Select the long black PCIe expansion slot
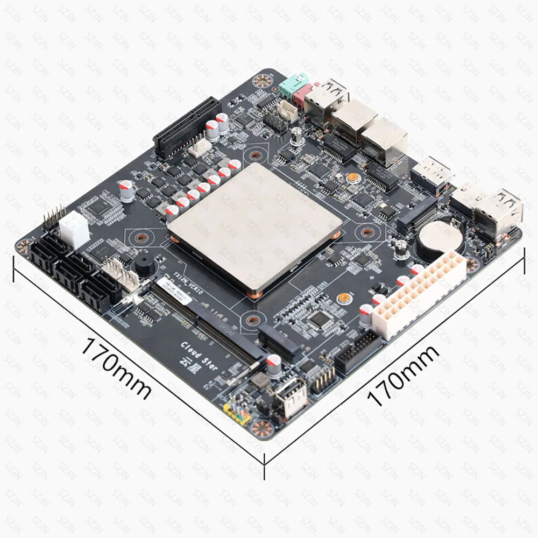tap(187, 126)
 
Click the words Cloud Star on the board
tap(200, 355)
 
